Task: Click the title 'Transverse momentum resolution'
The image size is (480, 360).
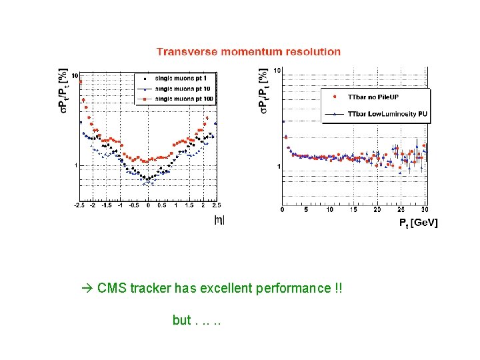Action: coord(248,51)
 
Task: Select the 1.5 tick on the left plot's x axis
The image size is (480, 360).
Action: coord(189,206)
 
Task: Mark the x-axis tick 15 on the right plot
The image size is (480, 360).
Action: coord(353,210)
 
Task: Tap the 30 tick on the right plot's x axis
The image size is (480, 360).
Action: coord(425,210)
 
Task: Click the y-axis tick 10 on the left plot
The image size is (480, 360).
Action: coord(75,75)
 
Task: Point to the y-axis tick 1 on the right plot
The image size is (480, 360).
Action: coord(279,166)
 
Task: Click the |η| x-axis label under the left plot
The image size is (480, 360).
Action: coord(219,219)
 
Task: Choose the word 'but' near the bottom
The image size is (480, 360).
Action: coord(181,321)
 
